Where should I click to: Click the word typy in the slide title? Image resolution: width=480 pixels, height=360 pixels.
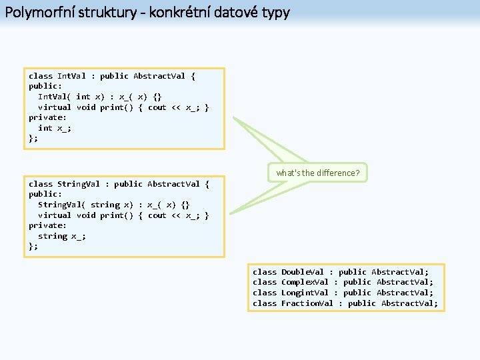click(276, 12)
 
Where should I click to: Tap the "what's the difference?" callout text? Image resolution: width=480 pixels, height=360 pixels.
click(318, 173)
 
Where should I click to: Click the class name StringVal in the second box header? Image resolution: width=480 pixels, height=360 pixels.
click(79, 184)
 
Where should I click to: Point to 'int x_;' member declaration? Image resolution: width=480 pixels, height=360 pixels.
click(55, 128)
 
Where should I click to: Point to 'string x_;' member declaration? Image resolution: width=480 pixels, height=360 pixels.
click(62, 236)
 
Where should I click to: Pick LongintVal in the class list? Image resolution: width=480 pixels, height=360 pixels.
click(305, 293)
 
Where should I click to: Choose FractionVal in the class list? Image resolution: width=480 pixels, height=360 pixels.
click(307, 303)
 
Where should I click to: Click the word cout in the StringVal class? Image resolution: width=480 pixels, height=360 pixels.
click(157, 215)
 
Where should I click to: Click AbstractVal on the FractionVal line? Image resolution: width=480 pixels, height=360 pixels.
click(409, 303)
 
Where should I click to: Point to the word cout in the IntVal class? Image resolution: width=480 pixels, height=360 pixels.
click(157, 107)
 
